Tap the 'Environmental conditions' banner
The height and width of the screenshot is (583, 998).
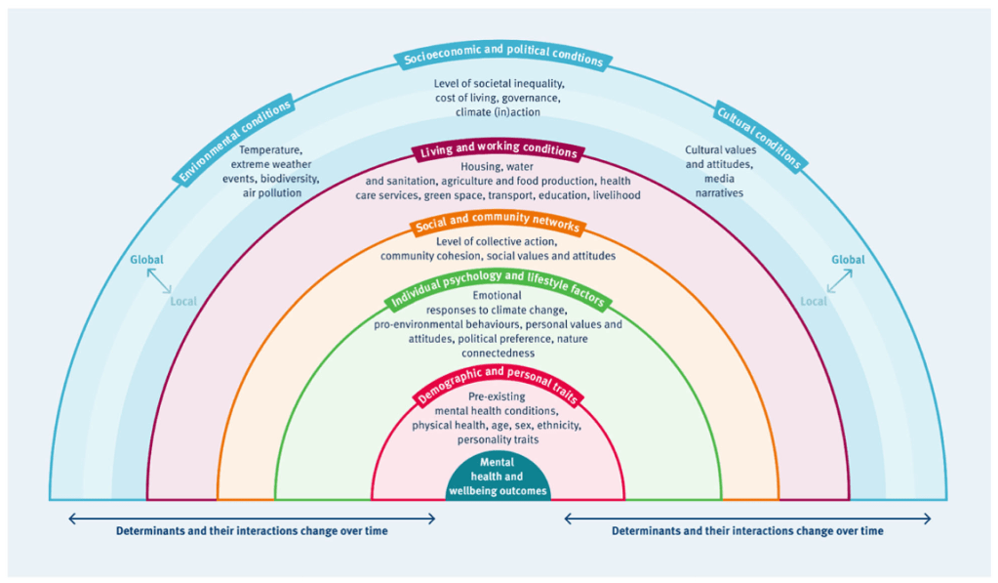pos(235,140)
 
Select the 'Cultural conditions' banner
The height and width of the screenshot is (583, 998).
pos(760,135)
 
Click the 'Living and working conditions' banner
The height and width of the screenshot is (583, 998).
pos(498,152)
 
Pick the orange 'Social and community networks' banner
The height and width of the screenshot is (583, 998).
pos(498,226)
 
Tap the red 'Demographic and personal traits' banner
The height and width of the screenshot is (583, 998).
pos(499,385)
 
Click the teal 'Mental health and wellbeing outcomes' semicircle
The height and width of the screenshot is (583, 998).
pos(498,478)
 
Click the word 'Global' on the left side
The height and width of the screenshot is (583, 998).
pos(146,260)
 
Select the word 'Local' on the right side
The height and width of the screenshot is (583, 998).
pos(813,301)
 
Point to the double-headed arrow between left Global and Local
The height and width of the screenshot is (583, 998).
pos(157,281)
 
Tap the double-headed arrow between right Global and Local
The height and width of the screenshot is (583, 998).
pos(839,281)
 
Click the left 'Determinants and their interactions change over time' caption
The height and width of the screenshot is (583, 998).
pos(252,531)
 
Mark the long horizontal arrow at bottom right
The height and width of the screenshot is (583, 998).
pos(747,519)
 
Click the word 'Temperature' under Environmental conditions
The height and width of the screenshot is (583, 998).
pos(270,150)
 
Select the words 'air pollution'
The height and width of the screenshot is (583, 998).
pos(271,193)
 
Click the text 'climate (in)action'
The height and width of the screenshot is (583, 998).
pos(499,112)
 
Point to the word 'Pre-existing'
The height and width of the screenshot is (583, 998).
pos(498,397)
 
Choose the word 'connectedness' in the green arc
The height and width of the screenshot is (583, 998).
pos(498,352)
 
